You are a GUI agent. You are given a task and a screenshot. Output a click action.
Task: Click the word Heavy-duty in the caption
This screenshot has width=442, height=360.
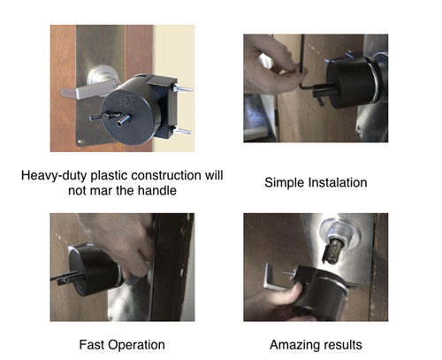click(x=54, y=176)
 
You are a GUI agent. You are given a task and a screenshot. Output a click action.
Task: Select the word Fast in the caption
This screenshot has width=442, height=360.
click(x=91, y=345)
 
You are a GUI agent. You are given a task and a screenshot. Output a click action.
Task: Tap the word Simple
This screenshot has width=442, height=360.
click(x=284, y=182)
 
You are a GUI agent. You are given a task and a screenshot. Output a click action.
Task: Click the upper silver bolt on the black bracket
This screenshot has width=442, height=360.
click(x=183, y=88)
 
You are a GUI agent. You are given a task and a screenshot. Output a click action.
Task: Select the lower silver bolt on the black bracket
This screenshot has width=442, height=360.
click(x=182, y=131)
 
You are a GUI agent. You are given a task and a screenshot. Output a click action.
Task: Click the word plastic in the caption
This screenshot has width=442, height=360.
click(x=110, y=176)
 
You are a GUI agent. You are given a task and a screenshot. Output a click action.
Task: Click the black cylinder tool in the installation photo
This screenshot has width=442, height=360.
click(x=351, y=82)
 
